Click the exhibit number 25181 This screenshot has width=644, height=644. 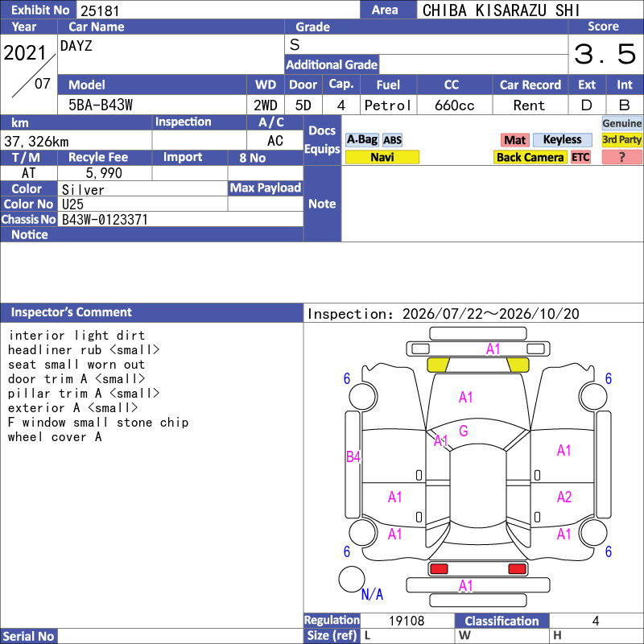(100, 10)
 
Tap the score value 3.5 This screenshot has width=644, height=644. (605, 54)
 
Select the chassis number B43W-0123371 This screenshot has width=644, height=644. (105, 220)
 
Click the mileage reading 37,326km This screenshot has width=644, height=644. (36, 142)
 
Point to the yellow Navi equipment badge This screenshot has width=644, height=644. (382, 157)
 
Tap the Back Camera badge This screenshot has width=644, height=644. (530, 157)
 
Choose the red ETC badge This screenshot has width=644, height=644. (580, 157)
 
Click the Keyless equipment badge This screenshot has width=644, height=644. (562, 140)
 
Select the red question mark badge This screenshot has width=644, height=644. (621, 157)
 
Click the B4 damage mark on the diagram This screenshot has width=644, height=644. (353, 456)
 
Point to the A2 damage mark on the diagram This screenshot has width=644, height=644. (564, 497)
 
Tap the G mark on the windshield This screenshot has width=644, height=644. (464, 431)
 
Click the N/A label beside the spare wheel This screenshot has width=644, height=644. (372, 594)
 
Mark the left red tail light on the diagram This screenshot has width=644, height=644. (439, 569)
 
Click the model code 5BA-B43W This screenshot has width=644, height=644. (101, 105)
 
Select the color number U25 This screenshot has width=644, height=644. (72, 204)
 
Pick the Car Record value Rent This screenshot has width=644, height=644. (529, 105)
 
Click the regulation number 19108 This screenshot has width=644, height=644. (407, 621)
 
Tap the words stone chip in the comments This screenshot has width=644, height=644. (152, 423)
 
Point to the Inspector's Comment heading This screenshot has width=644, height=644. (72, 312)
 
